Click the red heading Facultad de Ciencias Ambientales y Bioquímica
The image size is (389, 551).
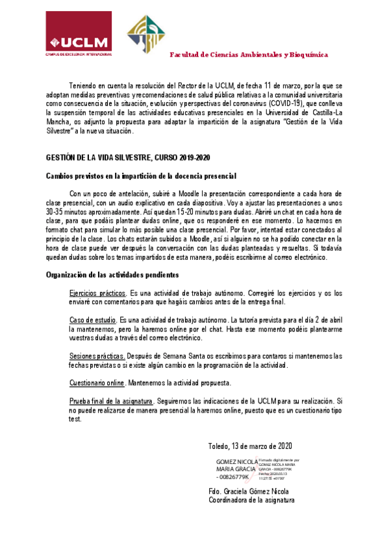[249, 55]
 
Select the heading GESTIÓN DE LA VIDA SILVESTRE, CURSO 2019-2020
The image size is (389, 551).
[128, 158]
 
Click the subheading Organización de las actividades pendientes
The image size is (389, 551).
[112, 275]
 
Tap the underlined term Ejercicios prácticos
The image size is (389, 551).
[97, 294]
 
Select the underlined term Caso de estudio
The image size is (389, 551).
[93, 320]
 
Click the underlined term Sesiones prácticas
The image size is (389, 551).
[97, 355]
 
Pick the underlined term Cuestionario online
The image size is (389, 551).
[97, 382]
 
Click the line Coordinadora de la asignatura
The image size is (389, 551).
[251, 500]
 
